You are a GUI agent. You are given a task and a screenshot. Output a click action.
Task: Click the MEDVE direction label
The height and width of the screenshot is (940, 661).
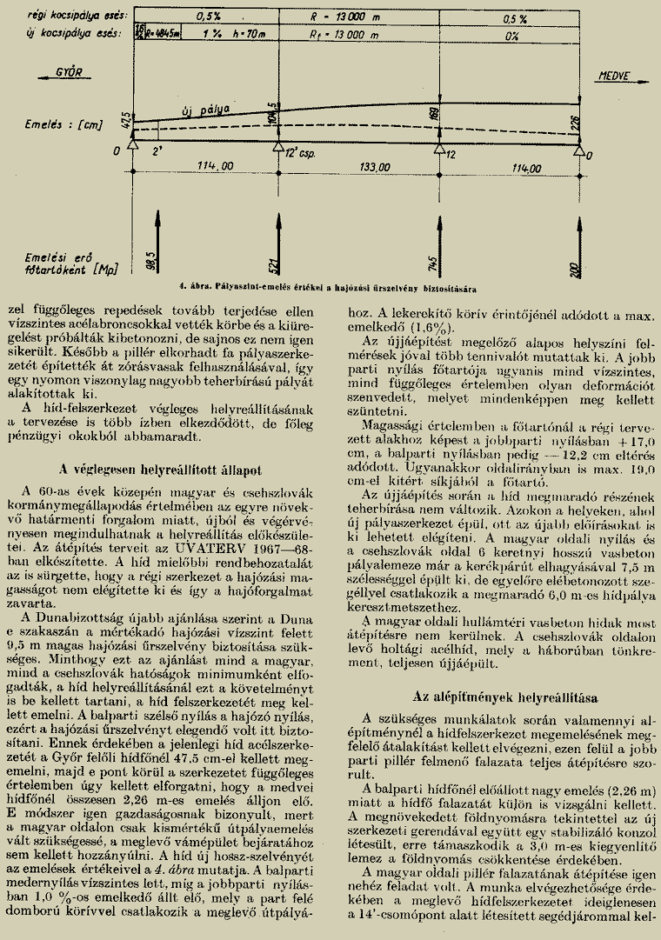pos(613,77)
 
